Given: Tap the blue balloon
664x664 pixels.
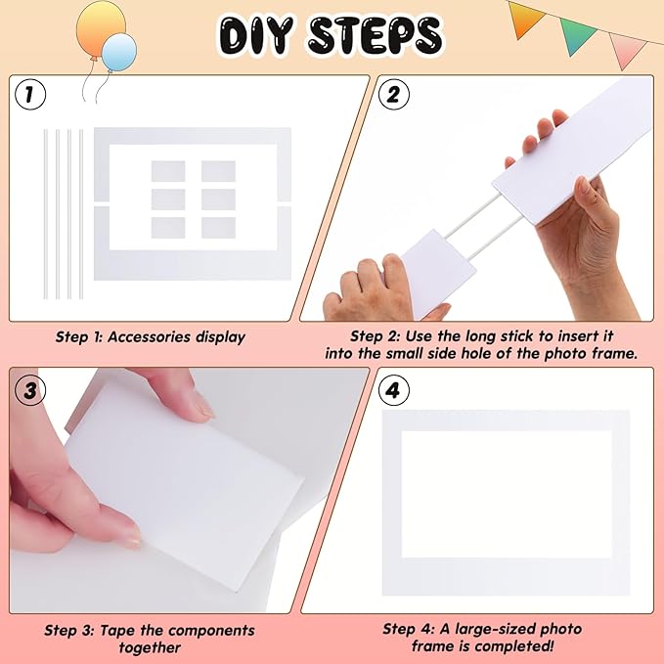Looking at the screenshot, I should coord(120,51).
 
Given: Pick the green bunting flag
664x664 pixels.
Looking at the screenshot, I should coord(578,34).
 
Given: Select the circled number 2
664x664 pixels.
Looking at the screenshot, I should coord(393,95).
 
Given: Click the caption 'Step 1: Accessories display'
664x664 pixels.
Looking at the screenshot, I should coord(150,337).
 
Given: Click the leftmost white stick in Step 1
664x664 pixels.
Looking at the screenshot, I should coord(45,213).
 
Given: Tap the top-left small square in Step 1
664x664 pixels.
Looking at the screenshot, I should coord(168,171).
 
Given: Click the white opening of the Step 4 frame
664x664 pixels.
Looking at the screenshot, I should coord(507,494).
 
